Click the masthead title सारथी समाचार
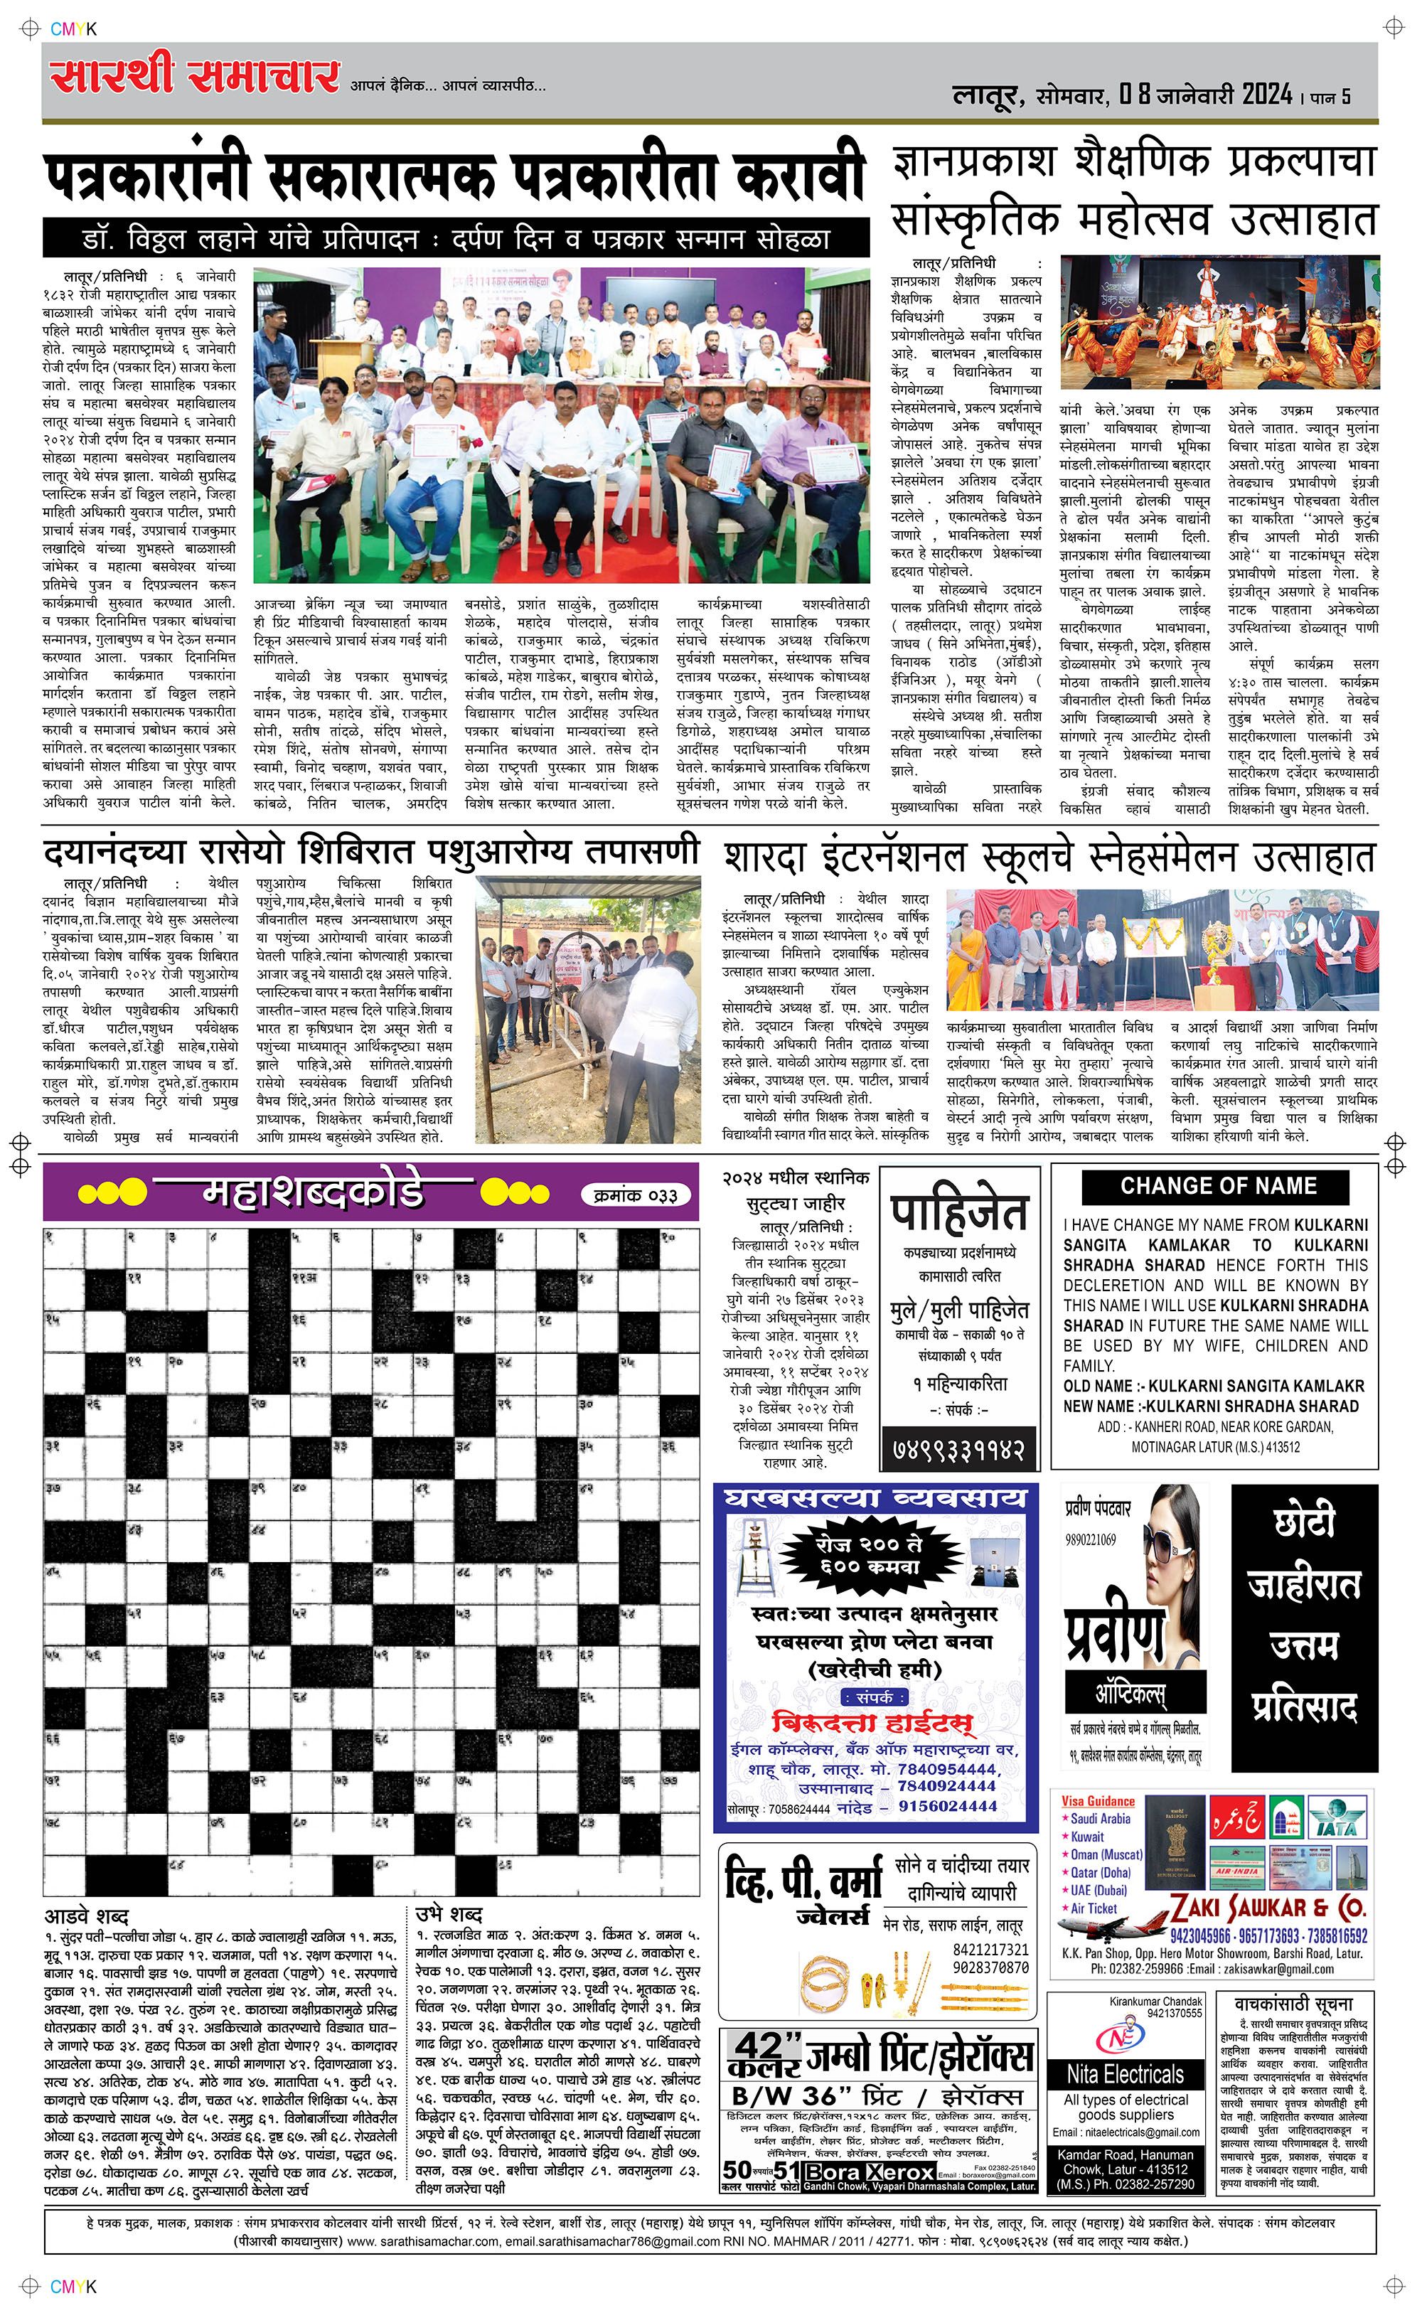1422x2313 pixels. [195, 77]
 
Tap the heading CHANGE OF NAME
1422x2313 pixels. [1218, 1187]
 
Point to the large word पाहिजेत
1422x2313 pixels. [958, 1212]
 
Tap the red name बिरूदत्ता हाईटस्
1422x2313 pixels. [872, 1721]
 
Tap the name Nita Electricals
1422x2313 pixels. [1126, 2074]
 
